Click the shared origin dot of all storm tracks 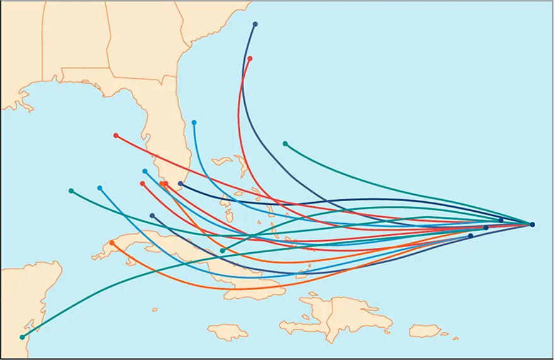(533, 224)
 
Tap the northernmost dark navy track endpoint (255, 24)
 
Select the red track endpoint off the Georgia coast (250, 59)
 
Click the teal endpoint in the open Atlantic (285, 144)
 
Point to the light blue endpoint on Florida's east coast (194, 122)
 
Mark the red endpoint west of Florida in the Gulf (115, 136)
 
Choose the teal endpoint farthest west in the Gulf (71, 190)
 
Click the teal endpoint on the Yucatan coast (23, 337)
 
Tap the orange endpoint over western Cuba (112, 243)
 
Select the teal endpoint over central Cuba (222, 251)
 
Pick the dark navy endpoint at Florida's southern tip (180, 183)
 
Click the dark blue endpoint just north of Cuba (152, 216)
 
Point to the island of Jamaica (228, 332)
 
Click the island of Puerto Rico (425, 330)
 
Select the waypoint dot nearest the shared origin (501, 220)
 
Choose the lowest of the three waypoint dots (471, 236)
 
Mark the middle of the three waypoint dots (486, 228)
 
